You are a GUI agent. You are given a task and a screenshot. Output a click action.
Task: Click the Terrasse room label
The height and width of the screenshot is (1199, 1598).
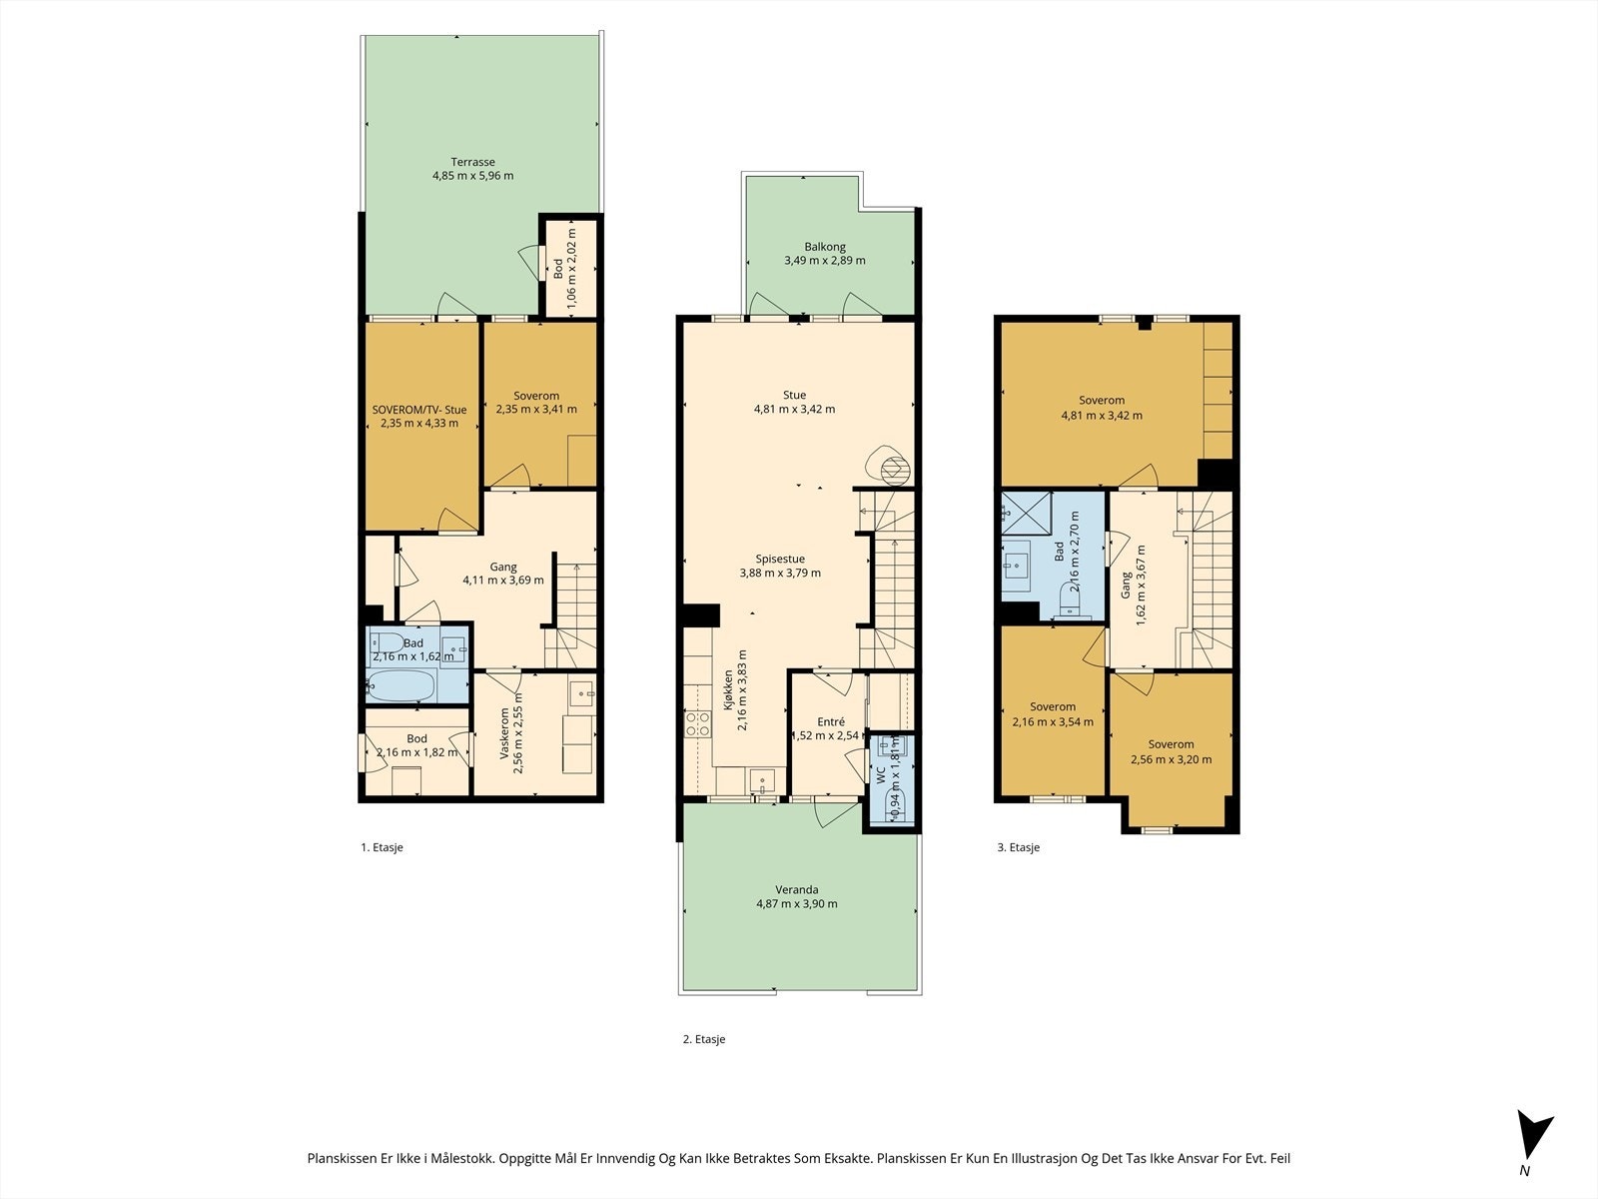[472, 162]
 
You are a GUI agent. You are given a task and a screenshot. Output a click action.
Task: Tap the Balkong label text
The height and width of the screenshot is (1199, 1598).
[825, 247]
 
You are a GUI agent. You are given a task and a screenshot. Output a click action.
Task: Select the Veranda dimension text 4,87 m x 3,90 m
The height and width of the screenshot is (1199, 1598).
[796, 904]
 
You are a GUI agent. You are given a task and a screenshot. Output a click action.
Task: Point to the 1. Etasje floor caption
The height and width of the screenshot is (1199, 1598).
[382, 847]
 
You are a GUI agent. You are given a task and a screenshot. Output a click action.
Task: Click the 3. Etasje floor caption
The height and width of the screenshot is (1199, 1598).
[1018, 847]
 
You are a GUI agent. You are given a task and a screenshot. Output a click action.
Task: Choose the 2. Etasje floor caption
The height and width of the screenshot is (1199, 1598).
[704, 1039]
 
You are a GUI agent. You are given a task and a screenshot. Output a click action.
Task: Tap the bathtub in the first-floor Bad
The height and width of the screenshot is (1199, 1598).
[401, 685]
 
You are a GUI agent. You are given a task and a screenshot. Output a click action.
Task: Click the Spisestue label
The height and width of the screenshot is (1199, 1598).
[780, 560]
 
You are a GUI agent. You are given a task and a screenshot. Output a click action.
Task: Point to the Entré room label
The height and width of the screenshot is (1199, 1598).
[831, 722]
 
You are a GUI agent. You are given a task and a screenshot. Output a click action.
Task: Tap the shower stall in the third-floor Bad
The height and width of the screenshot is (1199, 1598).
[1027, 514]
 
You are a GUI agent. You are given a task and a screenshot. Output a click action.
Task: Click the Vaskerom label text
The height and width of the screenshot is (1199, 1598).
[504, 734]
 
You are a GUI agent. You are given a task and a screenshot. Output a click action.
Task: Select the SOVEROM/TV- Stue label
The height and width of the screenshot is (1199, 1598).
[419, 410]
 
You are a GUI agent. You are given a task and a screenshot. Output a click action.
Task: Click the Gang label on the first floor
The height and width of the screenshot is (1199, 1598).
[503, 568]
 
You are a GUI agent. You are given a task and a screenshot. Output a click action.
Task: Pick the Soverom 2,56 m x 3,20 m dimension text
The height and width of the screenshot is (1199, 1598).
[1172, 760]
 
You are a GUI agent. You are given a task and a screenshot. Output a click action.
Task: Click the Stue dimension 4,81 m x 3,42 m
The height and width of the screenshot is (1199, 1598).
[794, 409]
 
